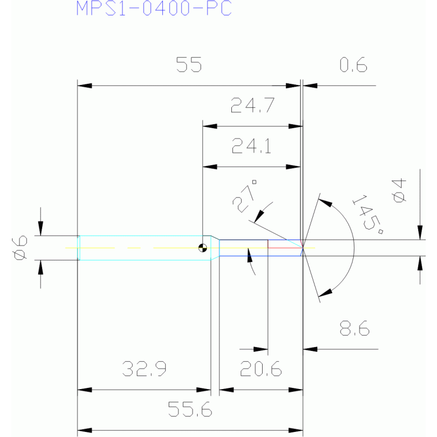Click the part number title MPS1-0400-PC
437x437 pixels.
[x=154, y=8]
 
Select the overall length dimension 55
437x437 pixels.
[x=189, y=64]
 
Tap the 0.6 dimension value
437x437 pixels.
[x=353, y=64]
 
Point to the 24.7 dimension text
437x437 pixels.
[x=252, y=105]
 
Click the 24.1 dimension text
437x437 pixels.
[x=251, y=146]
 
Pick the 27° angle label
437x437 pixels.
[x=244, y=196]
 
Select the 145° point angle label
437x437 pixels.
[x=368, y=214]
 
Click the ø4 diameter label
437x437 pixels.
[x=399, y=191]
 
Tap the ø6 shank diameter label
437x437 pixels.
[x=20, y=248]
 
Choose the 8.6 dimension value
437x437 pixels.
[x=354, y=328]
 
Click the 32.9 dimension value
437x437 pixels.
[x=144, y=369]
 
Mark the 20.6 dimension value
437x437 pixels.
[x=261, y=369]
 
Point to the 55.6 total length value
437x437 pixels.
[x=190, y=409]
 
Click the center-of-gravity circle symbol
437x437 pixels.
[x=203, y=248]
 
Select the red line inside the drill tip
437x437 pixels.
[x=285, y=247]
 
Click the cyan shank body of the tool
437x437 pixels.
[x=145, y=248]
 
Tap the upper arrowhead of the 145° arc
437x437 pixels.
[x=325, y=203]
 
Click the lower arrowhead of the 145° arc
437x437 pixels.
[x=325, y=293]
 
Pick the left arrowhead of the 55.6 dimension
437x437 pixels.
[x=84, y=431]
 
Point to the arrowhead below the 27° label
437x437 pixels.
[x=259, y=217]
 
